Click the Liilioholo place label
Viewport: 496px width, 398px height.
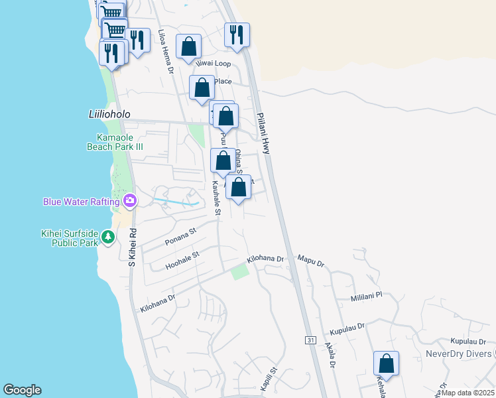click(100, 114)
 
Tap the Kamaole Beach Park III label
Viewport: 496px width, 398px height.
click(117, 143)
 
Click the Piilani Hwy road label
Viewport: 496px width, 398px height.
click(263, 133)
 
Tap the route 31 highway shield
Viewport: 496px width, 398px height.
click(310, 340)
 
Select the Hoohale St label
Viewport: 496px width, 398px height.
click(183, 260)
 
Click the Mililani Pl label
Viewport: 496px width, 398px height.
click(367, 297)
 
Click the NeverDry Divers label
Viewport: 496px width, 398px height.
click(460, 354)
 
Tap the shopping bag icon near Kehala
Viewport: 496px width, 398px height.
click(386, 364)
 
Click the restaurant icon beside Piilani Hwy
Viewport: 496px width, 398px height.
click(237, 34)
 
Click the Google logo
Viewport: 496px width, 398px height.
click(22, 390)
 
